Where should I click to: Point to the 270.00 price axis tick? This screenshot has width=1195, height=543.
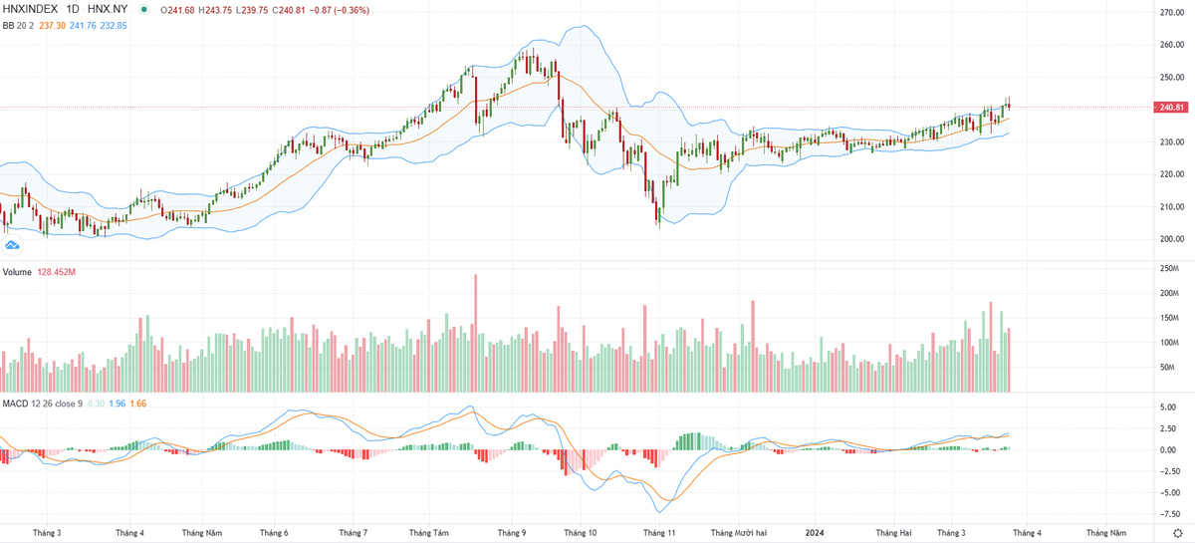point(1170,12)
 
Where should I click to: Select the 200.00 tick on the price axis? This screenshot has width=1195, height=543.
point(1170,239)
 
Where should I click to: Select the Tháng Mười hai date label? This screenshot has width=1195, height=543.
point(738,533)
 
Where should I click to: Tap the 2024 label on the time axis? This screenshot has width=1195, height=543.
point(814,533)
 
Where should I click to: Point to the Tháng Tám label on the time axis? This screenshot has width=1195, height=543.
point(428,533)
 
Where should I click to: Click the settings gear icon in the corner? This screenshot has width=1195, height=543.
point(1177,533)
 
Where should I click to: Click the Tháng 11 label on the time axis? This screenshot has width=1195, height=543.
point(659,533)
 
